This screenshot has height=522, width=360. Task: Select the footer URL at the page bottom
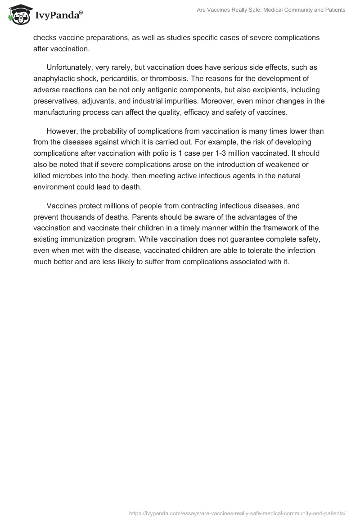tap(237, 513)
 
